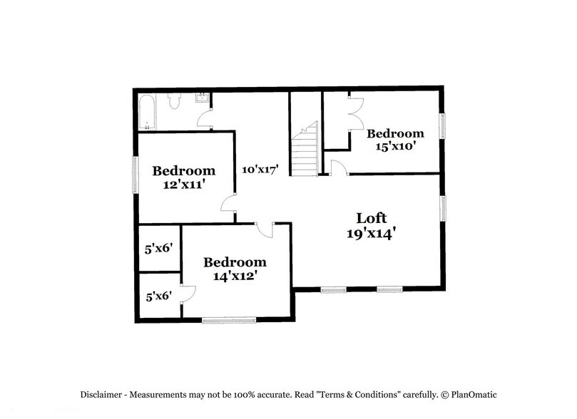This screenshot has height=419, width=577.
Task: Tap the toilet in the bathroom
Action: pyautogui.click(x=175, y=103)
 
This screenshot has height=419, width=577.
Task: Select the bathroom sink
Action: pyautogui.click(x=203, y=98)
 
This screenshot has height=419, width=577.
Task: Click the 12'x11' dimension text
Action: pyautogui.click(x=183, y=183)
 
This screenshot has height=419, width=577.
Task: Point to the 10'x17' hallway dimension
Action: pyautogui.click(x=260, y=169)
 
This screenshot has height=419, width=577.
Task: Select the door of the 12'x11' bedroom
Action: pyautogui.click(x=230, y=204)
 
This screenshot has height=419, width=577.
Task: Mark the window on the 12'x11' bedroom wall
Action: pyautogui.click(x=134, y=174)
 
